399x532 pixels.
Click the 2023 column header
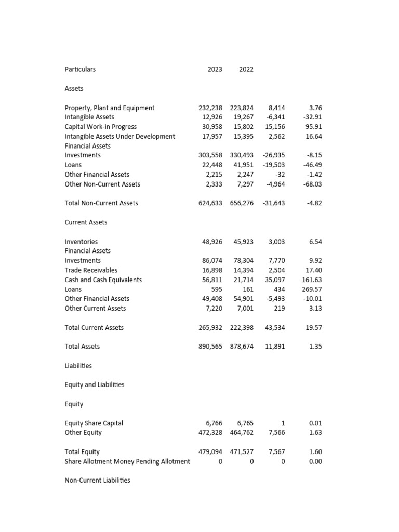215,69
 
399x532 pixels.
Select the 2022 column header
246,69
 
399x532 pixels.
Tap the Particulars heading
80,69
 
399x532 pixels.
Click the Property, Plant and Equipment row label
110,108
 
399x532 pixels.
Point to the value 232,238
210,108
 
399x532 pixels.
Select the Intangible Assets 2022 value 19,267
242,117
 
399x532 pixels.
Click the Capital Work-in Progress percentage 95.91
313,127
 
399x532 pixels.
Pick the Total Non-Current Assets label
101,203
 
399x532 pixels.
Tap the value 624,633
210,203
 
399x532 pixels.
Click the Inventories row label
81,242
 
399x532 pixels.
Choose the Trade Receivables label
91,270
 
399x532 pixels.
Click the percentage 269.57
312,289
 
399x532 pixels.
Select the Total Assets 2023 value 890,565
210,347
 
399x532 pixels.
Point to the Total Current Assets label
94,328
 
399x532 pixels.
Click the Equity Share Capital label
94,423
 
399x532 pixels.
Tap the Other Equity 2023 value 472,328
210,433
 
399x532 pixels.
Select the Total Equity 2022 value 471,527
242,452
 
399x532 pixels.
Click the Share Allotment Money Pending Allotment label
127,461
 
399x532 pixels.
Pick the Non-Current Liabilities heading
97,481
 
